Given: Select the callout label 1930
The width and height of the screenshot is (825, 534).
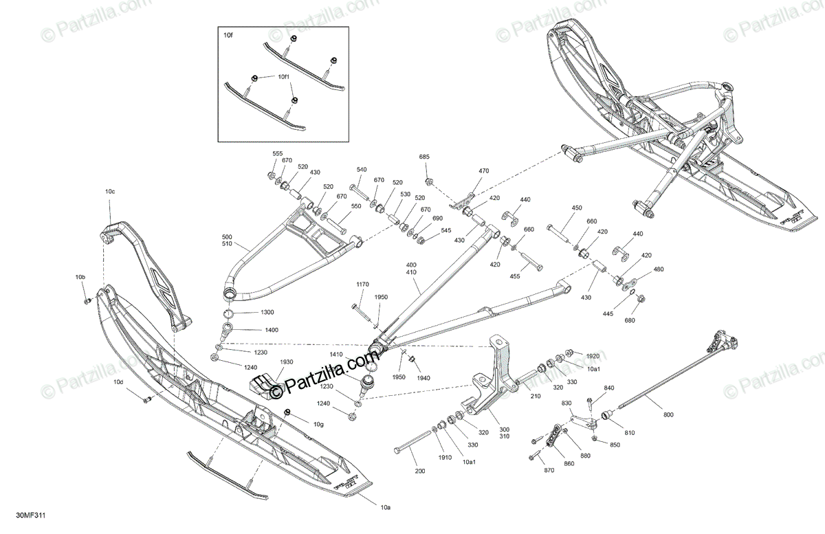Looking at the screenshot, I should [x=286, y=361].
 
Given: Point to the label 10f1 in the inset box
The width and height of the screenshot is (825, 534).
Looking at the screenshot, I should [x=285, y=78].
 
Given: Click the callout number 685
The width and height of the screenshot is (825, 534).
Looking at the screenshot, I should [x=424, y=157].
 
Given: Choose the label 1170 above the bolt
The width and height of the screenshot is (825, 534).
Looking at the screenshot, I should [x=362, y=284].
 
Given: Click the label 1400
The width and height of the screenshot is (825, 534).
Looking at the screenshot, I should [x=252, y=331].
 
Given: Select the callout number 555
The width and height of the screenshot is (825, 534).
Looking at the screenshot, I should [x=278, y=153].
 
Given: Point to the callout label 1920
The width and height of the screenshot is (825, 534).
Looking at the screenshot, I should [x=593, y=356].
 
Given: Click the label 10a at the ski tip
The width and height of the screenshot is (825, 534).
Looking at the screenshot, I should [x=386, y=507].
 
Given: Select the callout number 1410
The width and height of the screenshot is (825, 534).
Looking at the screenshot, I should [x=336, y=354].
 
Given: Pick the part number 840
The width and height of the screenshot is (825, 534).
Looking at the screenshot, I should [x=608, y=388].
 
